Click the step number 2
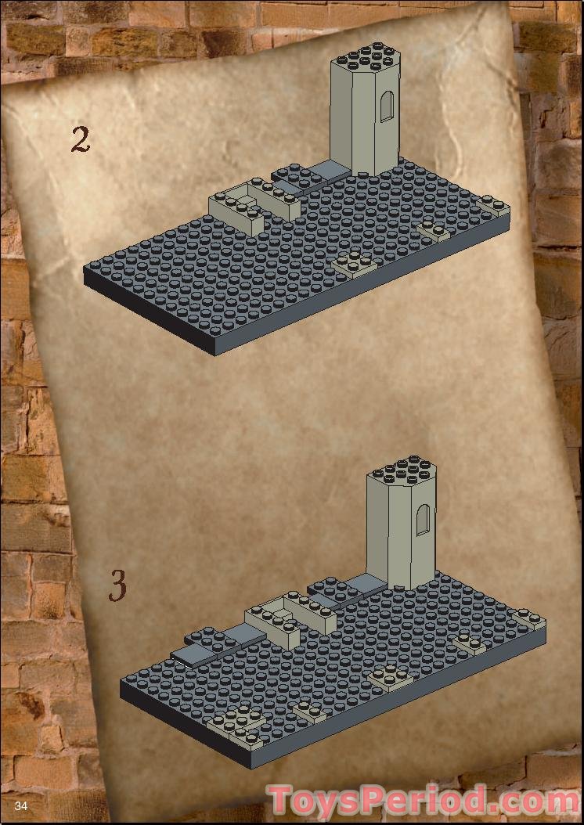point(81,140)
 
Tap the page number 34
point(21,806)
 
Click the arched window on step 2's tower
point(387,106)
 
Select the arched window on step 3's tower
point(424,520)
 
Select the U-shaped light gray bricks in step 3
point(290,618)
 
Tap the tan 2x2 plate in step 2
point(355,263)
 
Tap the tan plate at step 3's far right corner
point(530,619)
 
